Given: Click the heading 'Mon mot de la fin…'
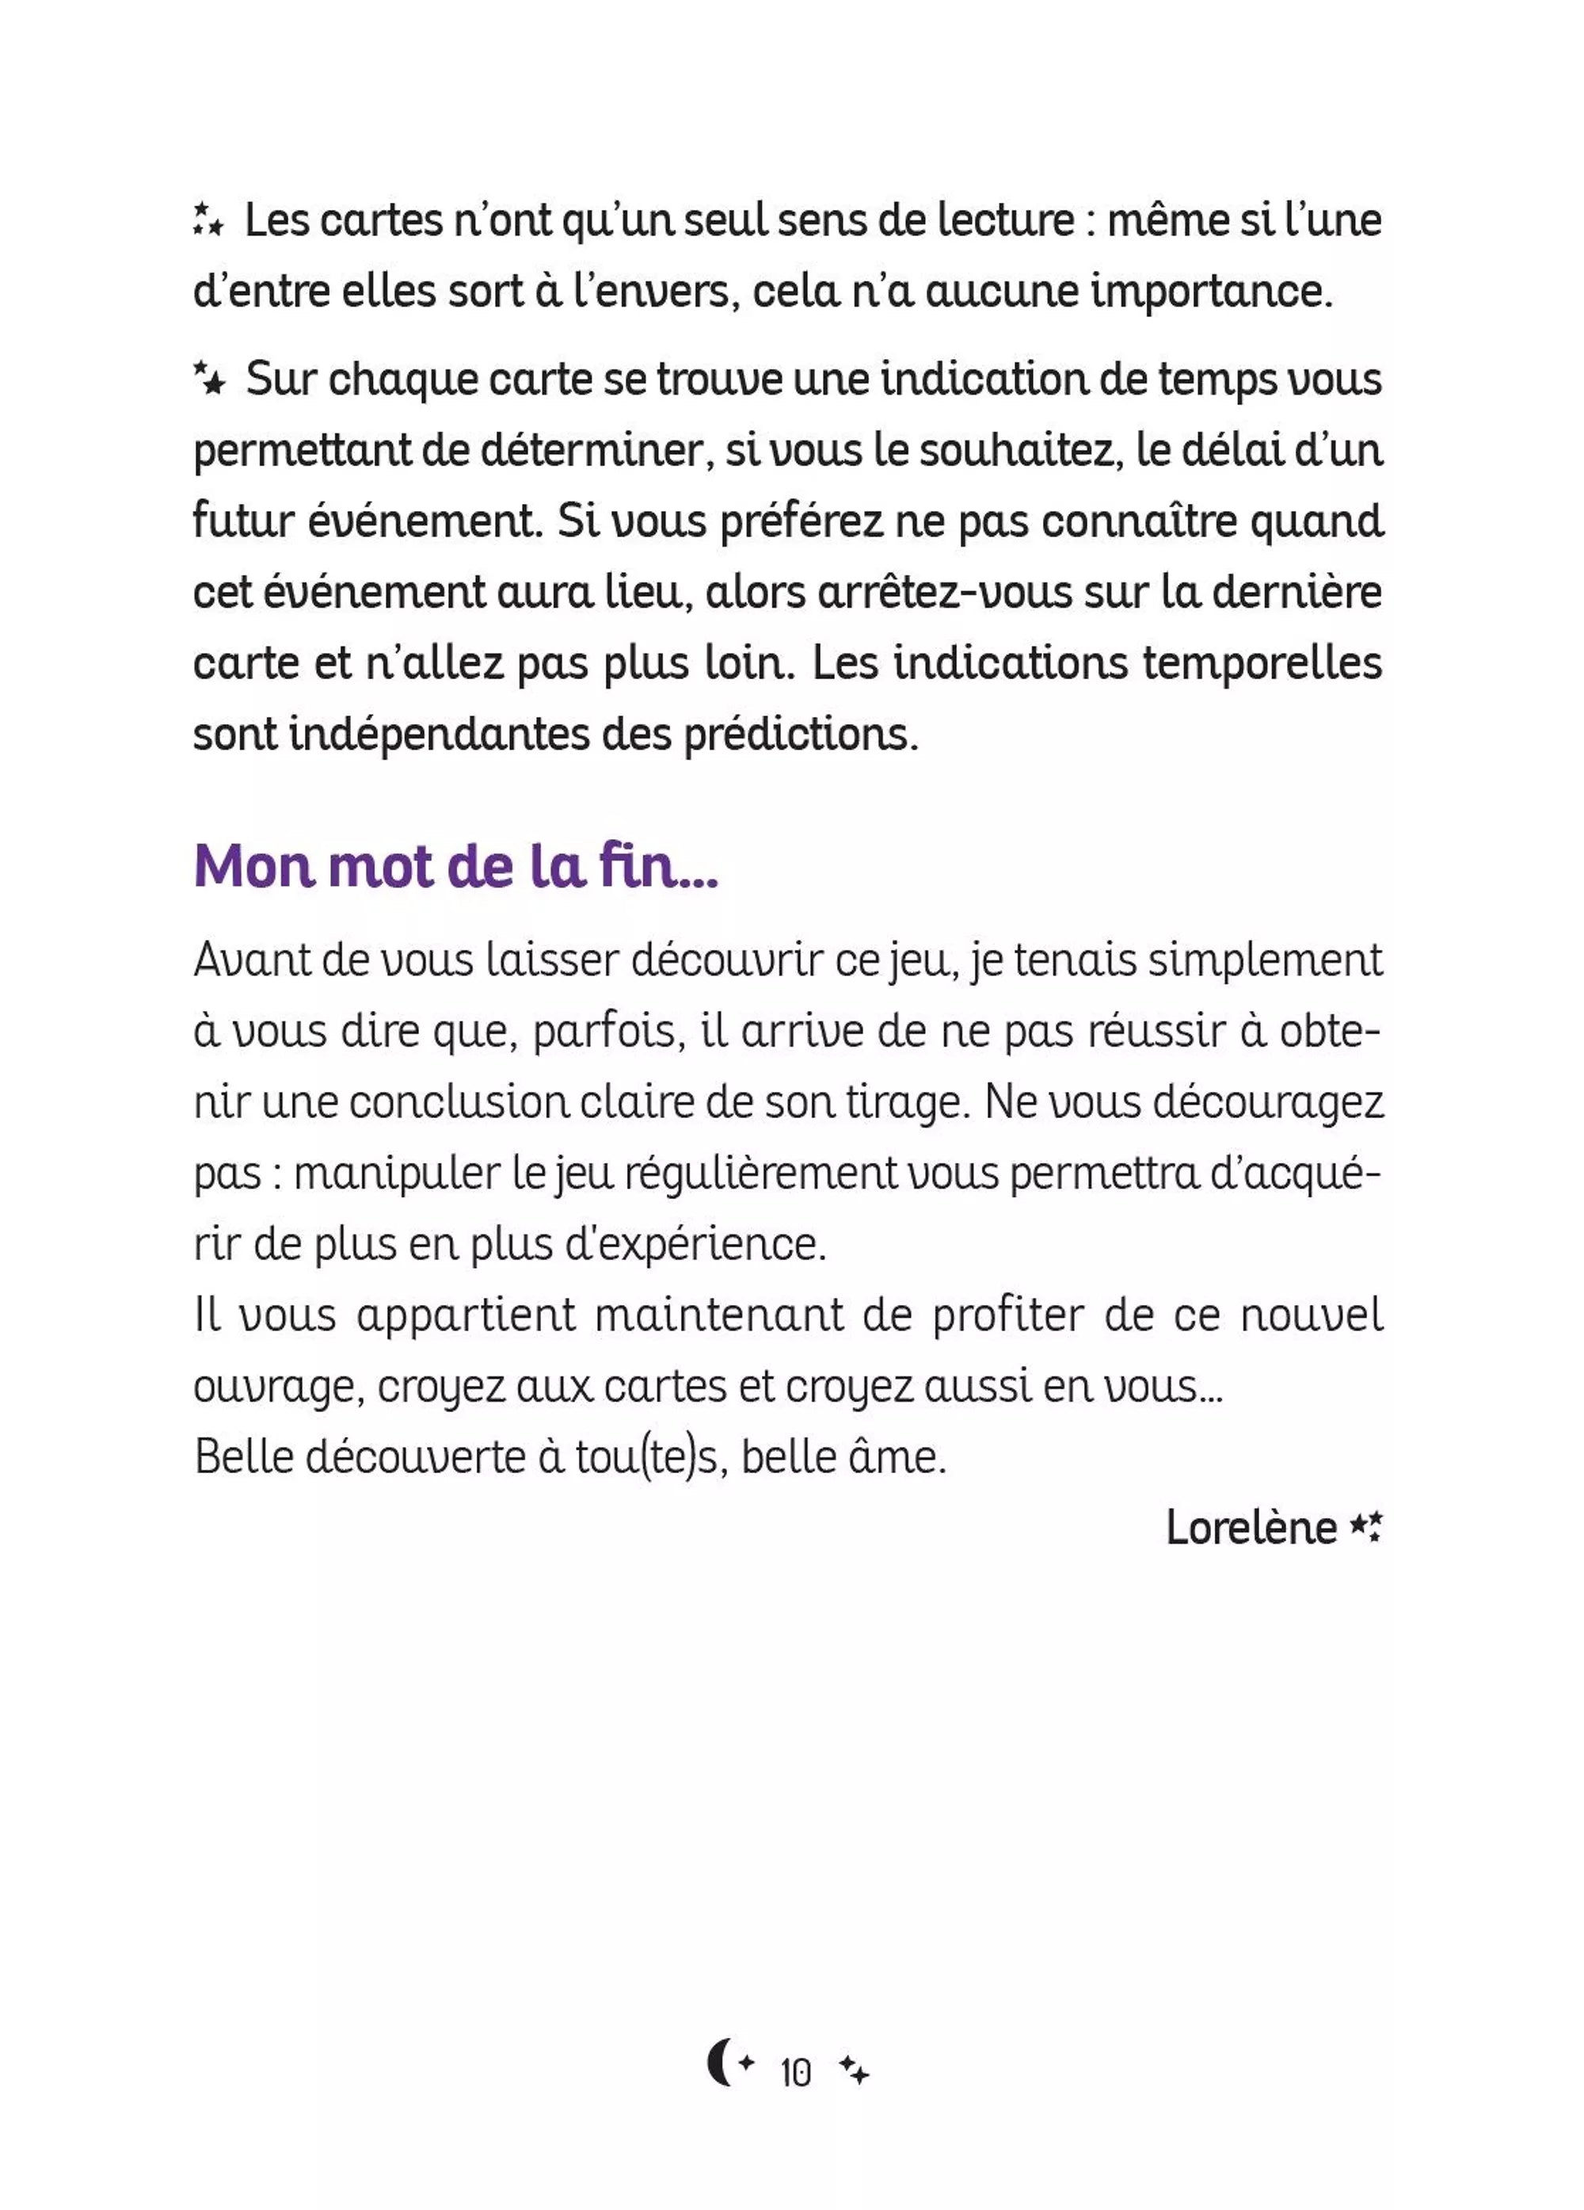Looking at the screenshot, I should click(456, 865).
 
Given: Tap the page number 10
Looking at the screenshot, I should click(796, 2073).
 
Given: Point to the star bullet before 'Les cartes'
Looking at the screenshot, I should click(208, 219).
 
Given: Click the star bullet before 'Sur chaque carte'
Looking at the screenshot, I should click(208, 377).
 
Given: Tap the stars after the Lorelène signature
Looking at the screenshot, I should click(1365, 1527).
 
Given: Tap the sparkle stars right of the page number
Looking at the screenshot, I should click(855, 2071).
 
